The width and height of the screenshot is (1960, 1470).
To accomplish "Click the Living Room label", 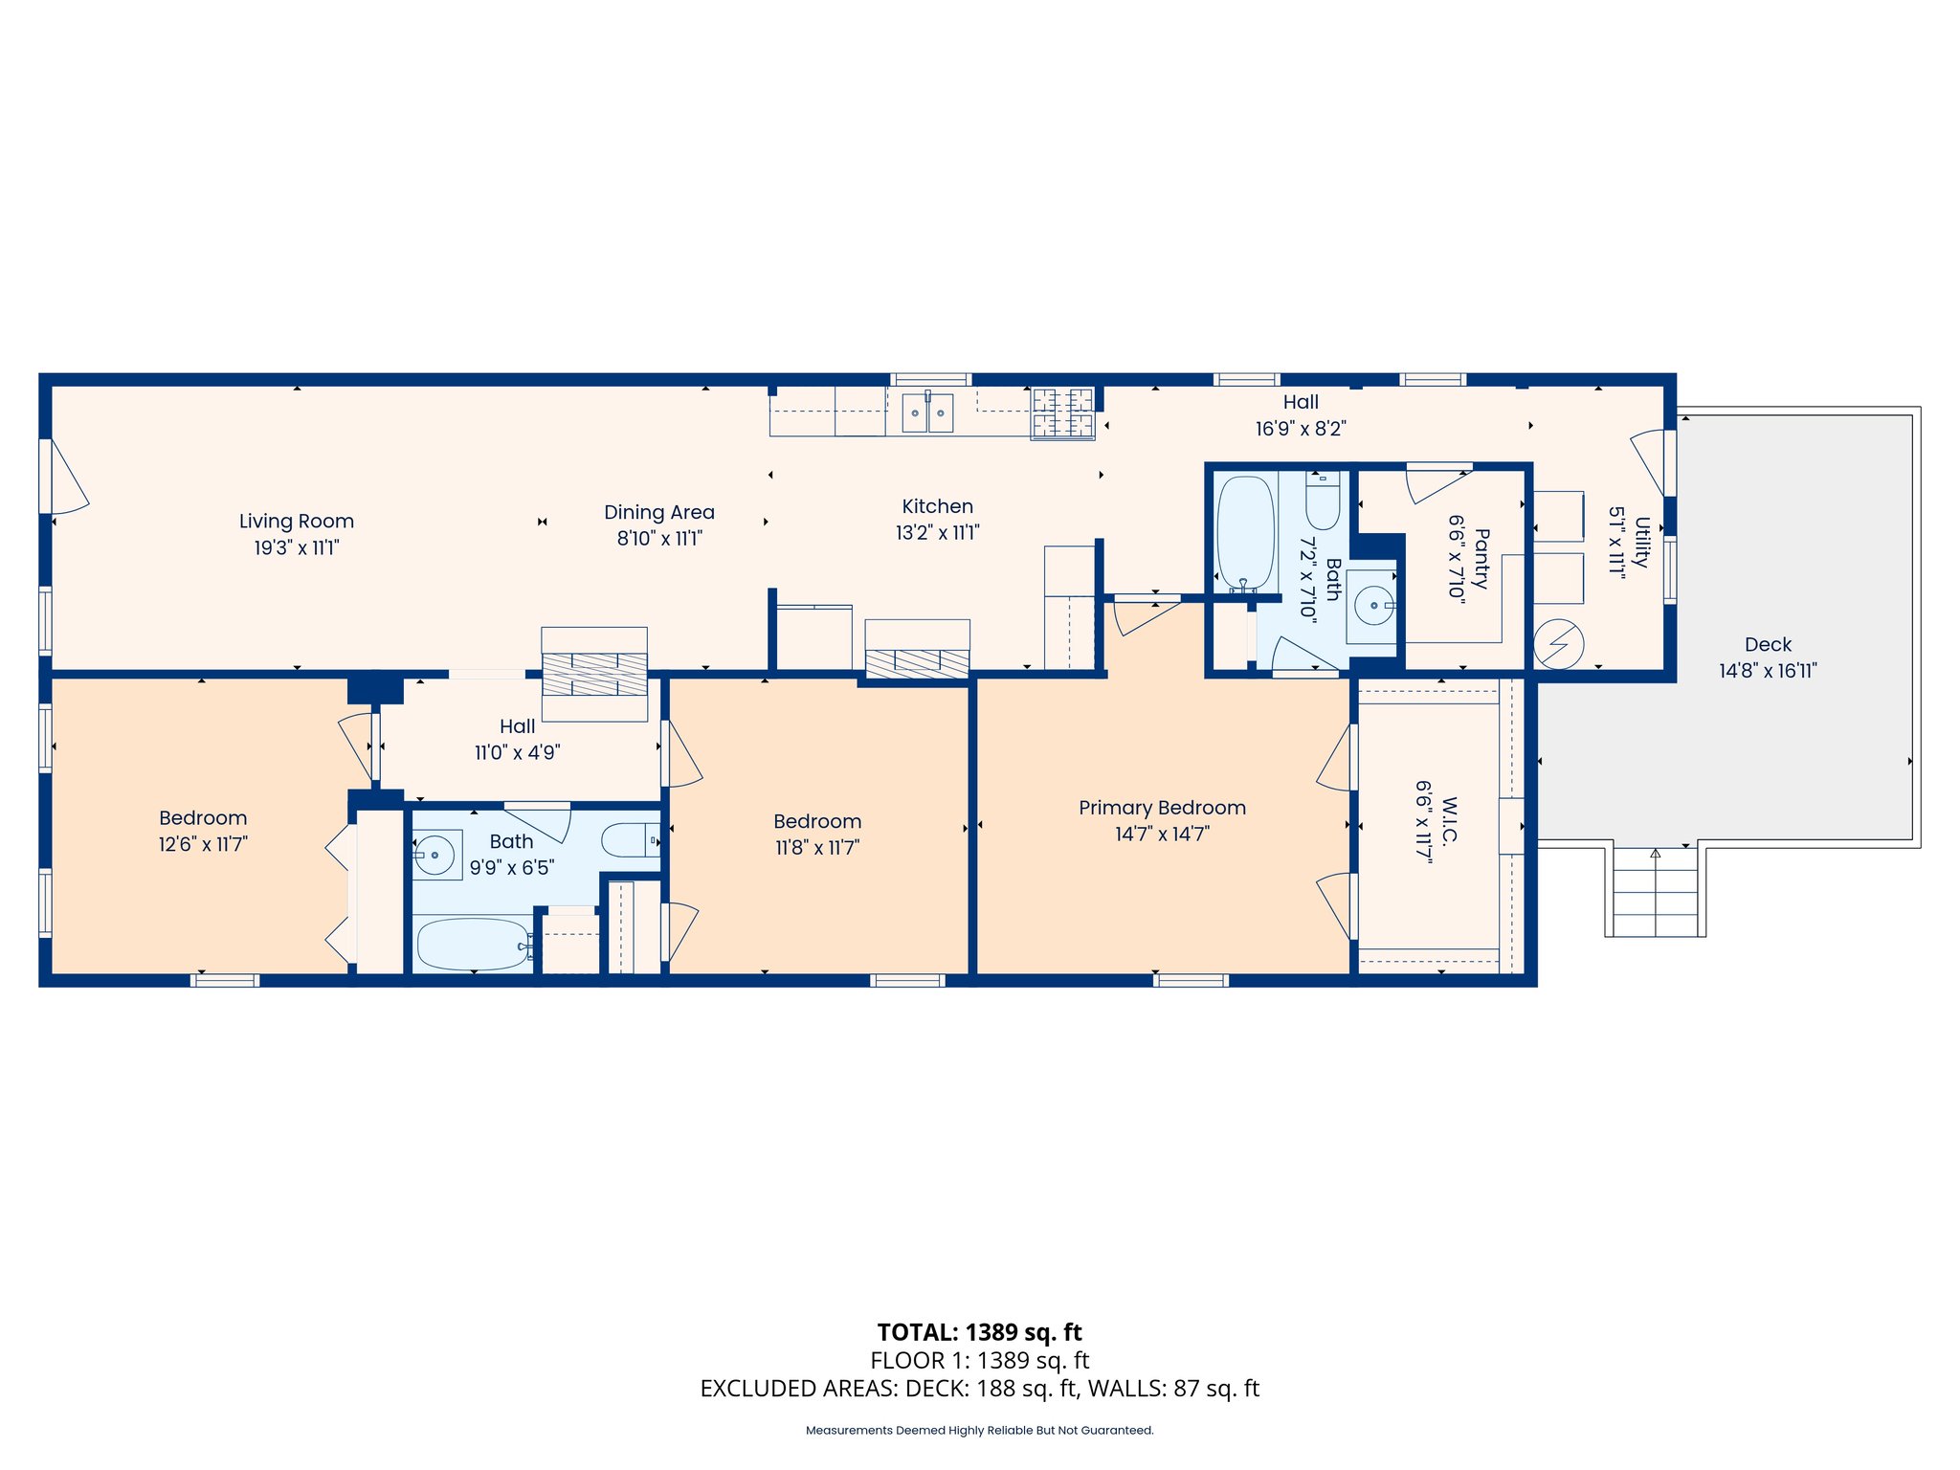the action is pos(297,522).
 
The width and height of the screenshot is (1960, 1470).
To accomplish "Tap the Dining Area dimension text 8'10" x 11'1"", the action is pos(659,539).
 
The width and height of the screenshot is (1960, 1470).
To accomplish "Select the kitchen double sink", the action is pos(927,412).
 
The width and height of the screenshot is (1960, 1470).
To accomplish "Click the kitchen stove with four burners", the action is pos(1062,413).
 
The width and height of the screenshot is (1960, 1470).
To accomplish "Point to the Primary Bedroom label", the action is pos(1162,808).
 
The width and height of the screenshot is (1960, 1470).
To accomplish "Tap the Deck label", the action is pos(1768,645).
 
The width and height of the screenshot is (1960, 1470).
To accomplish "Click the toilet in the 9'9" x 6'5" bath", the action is pos(631,840).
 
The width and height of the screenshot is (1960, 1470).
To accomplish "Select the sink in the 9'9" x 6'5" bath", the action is pos(436,854).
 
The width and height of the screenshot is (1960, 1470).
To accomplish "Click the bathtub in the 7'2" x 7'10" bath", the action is pos(1245,534).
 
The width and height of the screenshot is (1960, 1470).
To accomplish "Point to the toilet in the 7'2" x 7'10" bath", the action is pos(1323,499).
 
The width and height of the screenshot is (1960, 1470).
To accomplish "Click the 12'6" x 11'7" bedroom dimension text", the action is pos(203,845).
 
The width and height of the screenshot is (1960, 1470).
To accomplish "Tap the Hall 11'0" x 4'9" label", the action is pos(518,740).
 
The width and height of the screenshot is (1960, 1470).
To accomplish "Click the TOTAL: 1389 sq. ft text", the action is pos(980,1332).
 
